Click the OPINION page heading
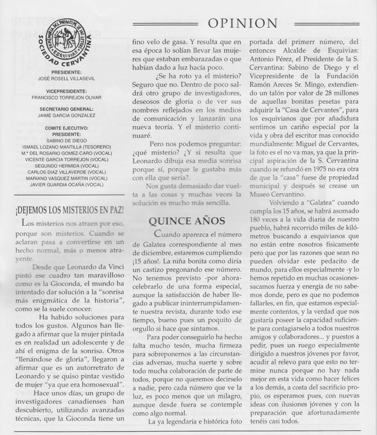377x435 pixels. click(243, 23)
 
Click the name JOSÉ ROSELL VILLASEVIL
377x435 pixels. click(67, 78)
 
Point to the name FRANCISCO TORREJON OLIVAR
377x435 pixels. click(67, 97)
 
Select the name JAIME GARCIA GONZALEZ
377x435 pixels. click(67, 115)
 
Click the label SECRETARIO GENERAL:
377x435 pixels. click(67, 109)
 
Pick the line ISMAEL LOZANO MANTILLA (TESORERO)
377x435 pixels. click(67, 146)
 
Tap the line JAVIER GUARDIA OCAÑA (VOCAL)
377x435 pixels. click(67, 184)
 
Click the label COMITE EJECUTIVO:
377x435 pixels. click(67, 128)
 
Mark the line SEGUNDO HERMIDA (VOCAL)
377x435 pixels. click(67, 165)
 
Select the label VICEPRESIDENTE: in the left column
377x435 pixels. click(67, 91)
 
